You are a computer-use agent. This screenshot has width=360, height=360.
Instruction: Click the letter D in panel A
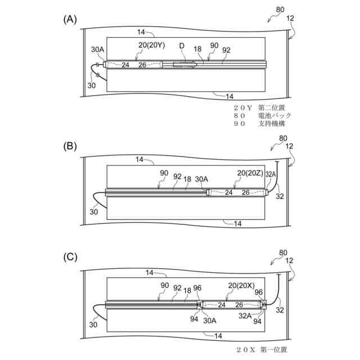pyautogui.click(x=181, y=45)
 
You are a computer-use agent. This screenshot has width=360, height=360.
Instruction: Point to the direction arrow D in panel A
pyautogui.click(x=184, y=65)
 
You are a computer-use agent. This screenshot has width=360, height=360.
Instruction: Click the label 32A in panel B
pyautogui.click(x=271, y=174)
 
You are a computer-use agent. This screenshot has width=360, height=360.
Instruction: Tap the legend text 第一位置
pyautogui.click(x=273, y=350)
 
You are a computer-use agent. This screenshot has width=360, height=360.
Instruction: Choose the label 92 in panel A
pyautogui.click(x=226, y=50)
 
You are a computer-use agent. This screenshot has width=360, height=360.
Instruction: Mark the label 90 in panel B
pyautogui.click(x=164, y=173)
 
